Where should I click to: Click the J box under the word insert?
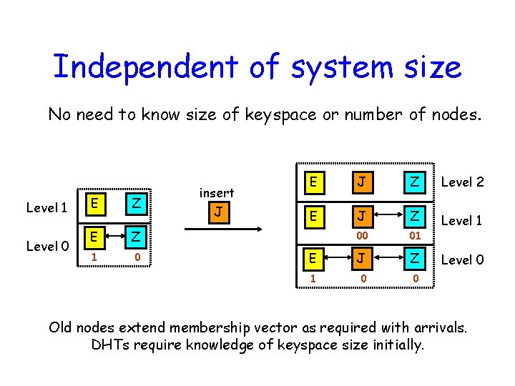coord(217,213)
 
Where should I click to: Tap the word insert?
coord(216,193)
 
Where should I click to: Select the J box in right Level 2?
coord(363,182)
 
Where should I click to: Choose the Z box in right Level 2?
coord(414,182)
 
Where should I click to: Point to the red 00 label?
coord(363,235)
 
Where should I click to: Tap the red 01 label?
coord(414,235)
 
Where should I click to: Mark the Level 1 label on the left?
coord(46,208)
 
